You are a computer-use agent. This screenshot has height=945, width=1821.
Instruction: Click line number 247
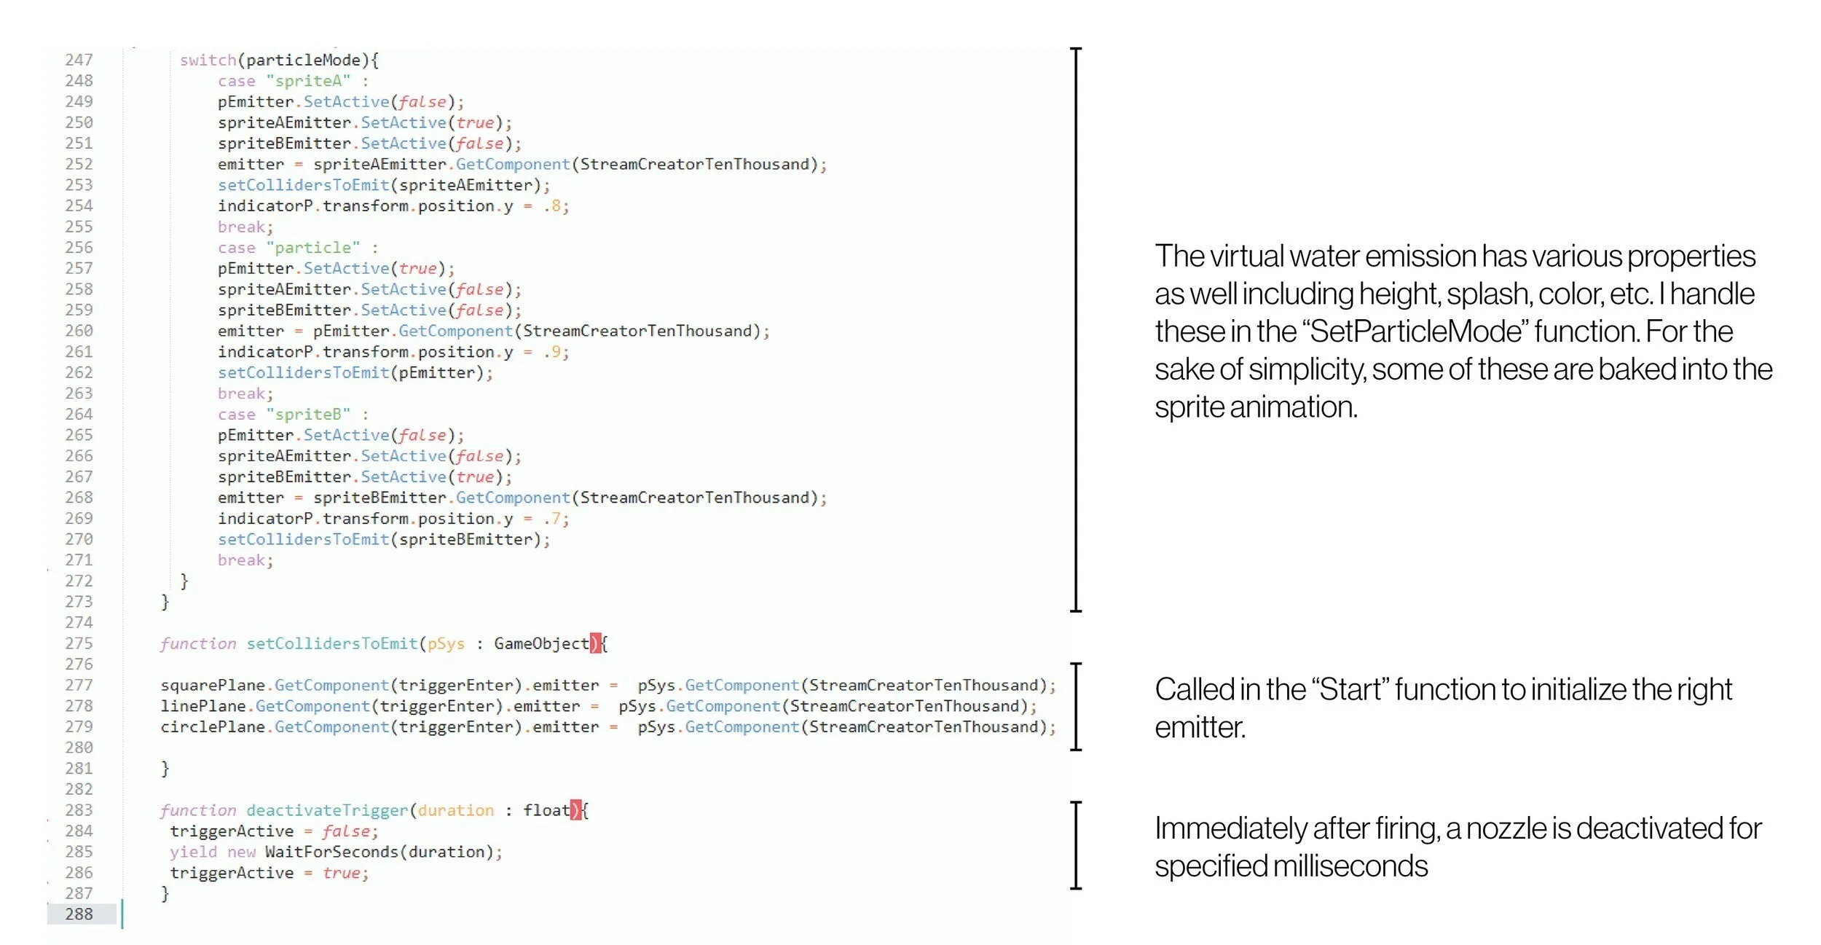tap(79, 60)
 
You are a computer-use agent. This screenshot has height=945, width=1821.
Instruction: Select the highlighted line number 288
tap(79, 914)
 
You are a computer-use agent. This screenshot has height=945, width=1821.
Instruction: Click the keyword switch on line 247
tap(208, 60)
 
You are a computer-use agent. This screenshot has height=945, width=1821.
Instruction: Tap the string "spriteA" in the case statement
tap(308, 81)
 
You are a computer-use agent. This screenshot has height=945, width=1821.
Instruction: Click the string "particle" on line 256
tap(313, 248)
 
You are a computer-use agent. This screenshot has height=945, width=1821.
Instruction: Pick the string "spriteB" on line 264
tap(308, 415)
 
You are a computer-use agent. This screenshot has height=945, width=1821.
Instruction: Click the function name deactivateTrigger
tap(327, 810)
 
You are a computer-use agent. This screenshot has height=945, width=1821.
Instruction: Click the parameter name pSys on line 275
tap(446, 644)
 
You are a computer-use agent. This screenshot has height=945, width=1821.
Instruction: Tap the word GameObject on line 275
tap(541, 644)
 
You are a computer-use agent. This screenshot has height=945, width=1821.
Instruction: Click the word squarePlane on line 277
tap(213, 686)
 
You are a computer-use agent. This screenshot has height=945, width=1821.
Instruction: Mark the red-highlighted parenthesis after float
tap(575, 810)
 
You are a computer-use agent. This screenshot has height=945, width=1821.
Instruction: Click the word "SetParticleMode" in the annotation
tap(1415, 332)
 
